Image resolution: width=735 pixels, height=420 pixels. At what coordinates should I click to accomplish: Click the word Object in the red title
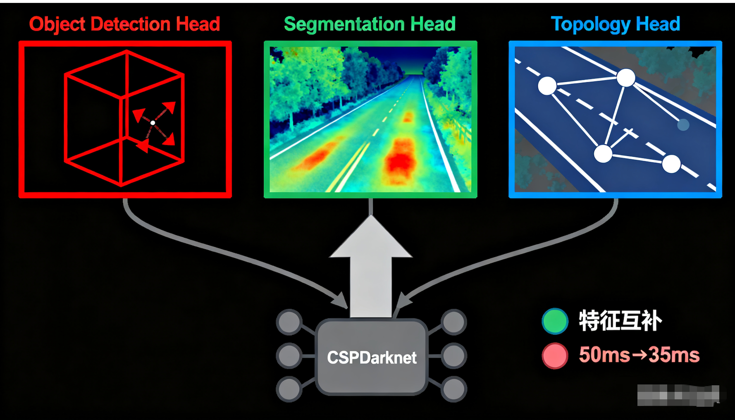click(57, 24)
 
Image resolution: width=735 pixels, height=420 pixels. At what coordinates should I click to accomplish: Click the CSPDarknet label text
click(372, 358)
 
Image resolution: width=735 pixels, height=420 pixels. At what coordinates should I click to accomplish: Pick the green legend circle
click(555, 321)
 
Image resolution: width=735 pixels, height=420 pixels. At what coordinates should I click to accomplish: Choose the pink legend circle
click(555, 356)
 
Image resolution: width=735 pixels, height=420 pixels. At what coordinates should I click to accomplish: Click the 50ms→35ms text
click(639, 355)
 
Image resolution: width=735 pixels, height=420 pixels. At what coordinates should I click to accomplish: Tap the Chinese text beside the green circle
click(620, 320)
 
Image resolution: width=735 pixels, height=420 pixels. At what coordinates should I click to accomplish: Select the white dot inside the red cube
click(153, 123)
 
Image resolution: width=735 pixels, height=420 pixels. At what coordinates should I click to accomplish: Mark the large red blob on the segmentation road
click(400, 161)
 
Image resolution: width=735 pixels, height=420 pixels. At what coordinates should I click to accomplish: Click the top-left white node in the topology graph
click(547, 86)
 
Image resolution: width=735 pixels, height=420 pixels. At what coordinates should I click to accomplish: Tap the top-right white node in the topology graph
click(626, 77)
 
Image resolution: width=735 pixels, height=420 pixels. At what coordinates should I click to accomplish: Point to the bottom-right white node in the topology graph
click(671, 164)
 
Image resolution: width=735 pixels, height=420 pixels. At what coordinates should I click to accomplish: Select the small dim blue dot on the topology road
click(683, 124)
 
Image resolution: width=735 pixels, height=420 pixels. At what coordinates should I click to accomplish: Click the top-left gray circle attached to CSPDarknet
click(289, 322)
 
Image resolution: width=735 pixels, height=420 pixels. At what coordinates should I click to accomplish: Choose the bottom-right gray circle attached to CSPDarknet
click(454, 389)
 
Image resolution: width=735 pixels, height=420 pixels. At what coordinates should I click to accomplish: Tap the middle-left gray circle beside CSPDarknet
click(289, 356)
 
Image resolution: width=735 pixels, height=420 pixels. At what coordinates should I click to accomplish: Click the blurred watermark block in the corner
click(678, 395)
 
